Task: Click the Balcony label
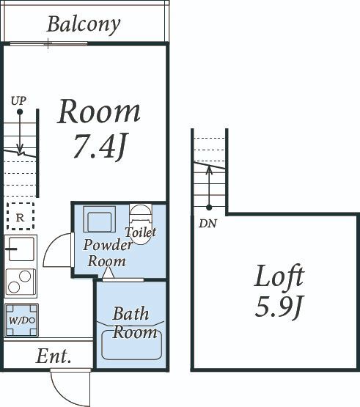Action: click(x=84, y=25)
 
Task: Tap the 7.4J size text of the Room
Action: click(x=100, y=147)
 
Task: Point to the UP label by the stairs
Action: click(x=18, y=100)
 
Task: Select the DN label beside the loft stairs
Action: click(x=207, y=224)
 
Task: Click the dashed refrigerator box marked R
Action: click(x=21, y=216)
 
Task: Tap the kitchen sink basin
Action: click(x=21, y=249)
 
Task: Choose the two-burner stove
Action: click(x=21, y=282)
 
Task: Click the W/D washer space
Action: click(x=21, y=320)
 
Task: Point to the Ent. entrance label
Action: click(x=54, y=356)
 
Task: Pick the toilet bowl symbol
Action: click(x=141, y=223)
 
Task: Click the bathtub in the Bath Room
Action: click(x=131, y=345)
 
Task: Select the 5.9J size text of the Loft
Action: click(x=279, y=307)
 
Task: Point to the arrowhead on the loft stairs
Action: click(x=209, y=169)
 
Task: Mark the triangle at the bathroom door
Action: click(x=108, y=273)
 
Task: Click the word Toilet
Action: click(x=141, y=232)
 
